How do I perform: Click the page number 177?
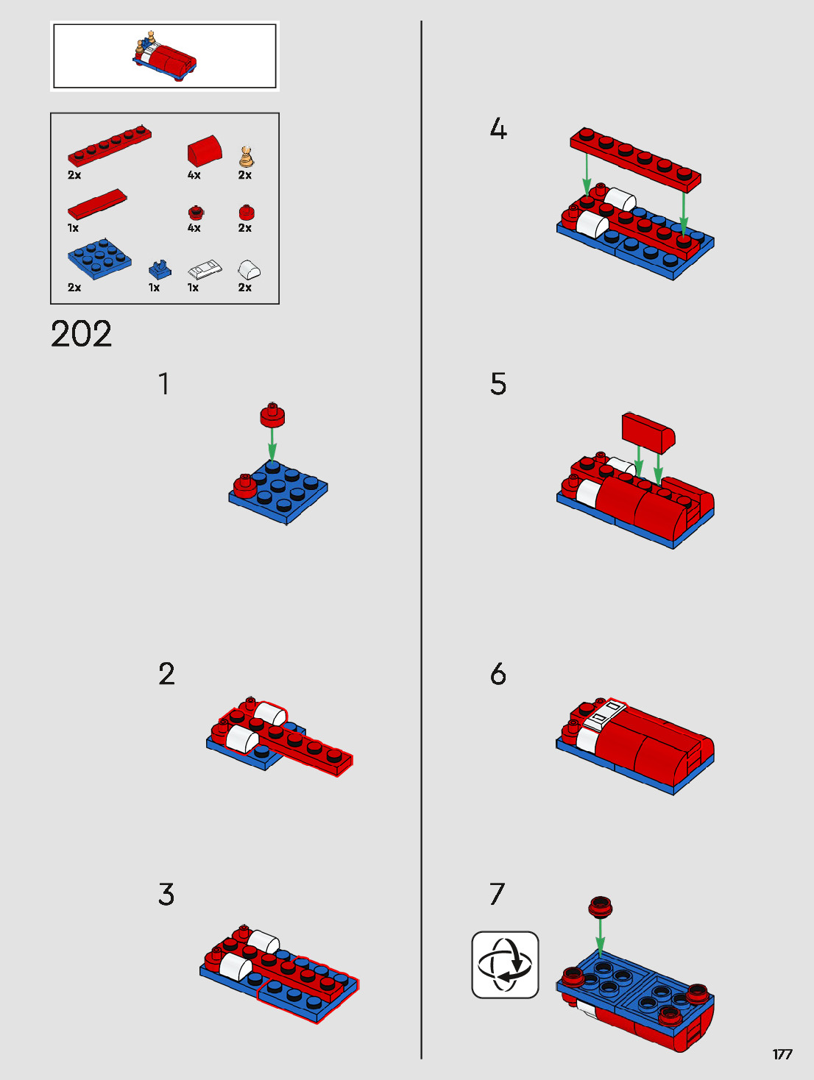click(782, 1054)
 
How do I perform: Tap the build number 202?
click(81, 334)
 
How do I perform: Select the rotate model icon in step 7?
click(505, 964)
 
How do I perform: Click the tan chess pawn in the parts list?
click(246, 157)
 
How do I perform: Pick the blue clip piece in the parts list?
click(160, 269)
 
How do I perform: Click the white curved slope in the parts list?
click(249, 269)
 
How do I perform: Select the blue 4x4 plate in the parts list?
click(99, 258)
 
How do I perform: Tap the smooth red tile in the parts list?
click(97, 204)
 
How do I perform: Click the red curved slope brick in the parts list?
click(205, 151)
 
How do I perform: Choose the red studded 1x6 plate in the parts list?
click(109, 146)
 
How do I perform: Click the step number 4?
click(498, 129)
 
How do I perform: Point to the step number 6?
click(498, 674)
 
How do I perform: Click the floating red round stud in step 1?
click(272, 415)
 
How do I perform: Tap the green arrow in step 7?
click(600, 937)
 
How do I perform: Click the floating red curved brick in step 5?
click(648, 433)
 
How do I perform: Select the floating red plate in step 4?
click(635, 160)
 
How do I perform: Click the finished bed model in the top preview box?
click(164, 56)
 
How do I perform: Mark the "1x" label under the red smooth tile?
click(74, 228)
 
